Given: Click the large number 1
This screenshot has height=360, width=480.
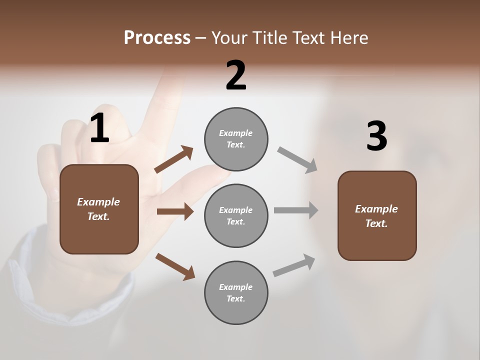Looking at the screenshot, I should [99, 128].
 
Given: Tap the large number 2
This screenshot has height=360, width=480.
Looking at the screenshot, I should [236, 76].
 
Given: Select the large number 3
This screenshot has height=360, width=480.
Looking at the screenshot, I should [376, 136].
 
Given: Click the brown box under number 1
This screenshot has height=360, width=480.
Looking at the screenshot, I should [99, 209].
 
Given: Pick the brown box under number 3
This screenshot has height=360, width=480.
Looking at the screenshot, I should [377, 215].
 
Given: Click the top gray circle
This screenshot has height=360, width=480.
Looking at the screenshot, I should [236, 139].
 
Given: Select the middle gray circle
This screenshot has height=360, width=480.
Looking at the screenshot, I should [236, 215].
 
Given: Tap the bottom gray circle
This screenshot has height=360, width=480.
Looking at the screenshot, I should [236, 292].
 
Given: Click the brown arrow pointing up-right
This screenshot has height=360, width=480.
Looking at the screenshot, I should [174, 159].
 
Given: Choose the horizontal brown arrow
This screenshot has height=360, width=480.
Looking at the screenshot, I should [175, 211].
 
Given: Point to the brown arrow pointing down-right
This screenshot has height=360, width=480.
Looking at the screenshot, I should [175, 266].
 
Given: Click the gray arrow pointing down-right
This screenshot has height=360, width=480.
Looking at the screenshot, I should [297, 160].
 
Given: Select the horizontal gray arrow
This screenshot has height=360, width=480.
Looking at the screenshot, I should [296, 210].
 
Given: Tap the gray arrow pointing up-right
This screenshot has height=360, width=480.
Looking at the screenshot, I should [294, 265].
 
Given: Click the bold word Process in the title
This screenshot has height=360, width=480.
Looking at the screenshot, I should [157, 37].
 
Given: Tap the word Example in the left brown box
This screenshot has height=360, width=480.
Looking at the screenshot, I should [98, 201].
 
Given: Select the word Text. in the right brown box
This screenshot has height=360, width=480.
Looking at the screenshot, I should [376, 223].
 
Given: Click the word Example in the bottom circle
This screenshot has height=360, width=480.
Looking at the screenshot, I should [236, 287].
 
